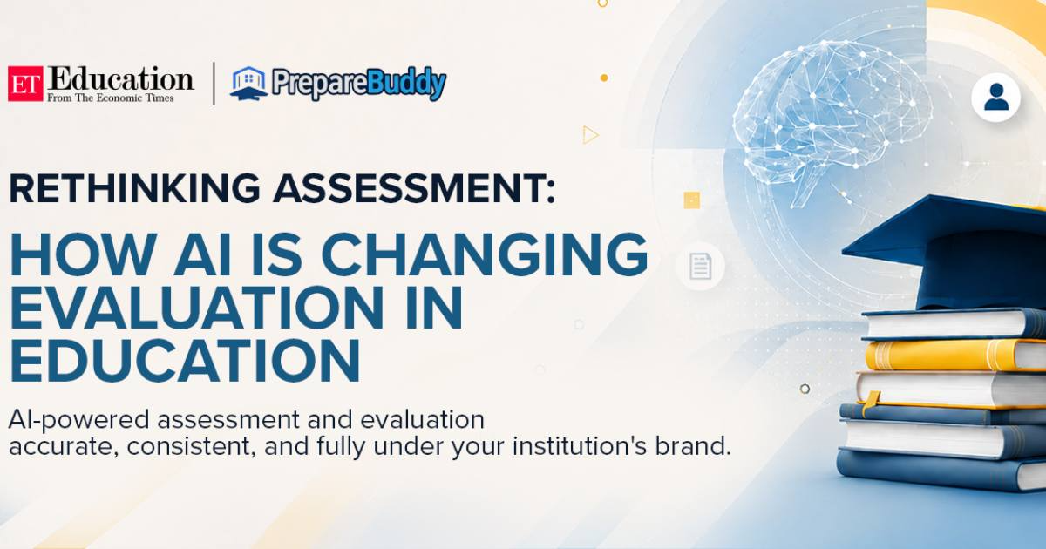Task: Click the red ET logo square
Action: click(x=25, y=84)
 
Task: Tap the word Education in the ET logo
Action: click(x=120, y=78)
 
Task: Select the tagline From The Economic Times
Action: click(x=110, y=98)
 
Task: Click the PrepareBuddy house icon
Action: click(x=249, y=83)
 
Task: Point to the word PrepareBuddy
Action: click(x=359, y=84)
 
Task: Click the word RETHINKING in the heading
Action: click(x=134, y=188)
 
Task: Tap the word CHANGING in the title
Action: click(x=485, y=254)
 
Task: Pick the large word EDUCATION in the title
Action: click(x=185, y=361)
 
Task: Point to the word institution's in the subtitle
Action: click(x=579, y=446)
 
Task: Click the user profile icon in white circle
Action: click(x=996, y=98)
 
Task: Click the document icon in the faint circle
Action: click(x=701, y=266)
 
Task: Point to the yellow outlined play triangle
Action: click(x=590, y=135)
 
